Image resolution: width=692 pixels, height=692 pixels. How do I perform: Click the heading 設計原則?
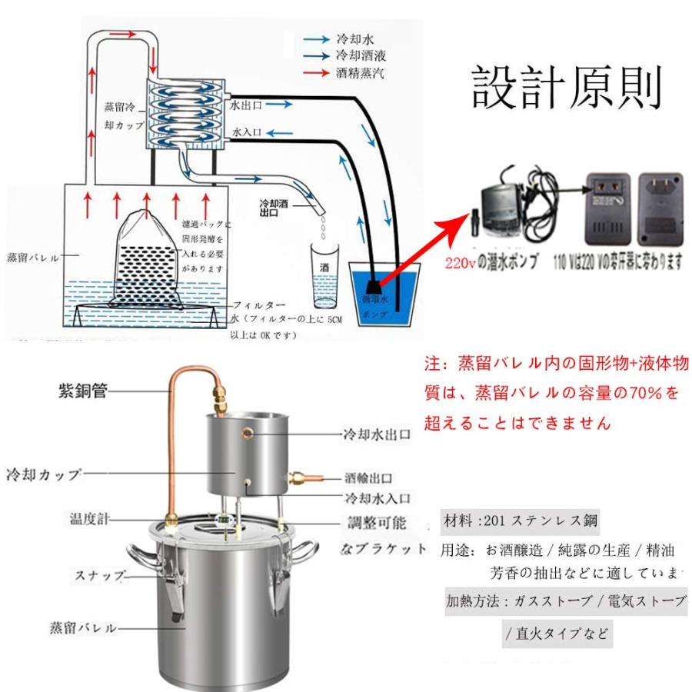pyautogui.click(x=567, y=86)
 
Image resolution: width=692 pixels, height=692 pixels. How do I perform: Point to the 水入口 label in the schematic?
pyautogui.click(x=247, y=132)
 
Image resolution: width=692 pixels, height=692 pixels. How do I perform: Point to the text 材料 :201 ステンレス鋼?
pyautogui.click(x=520, y=521)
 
